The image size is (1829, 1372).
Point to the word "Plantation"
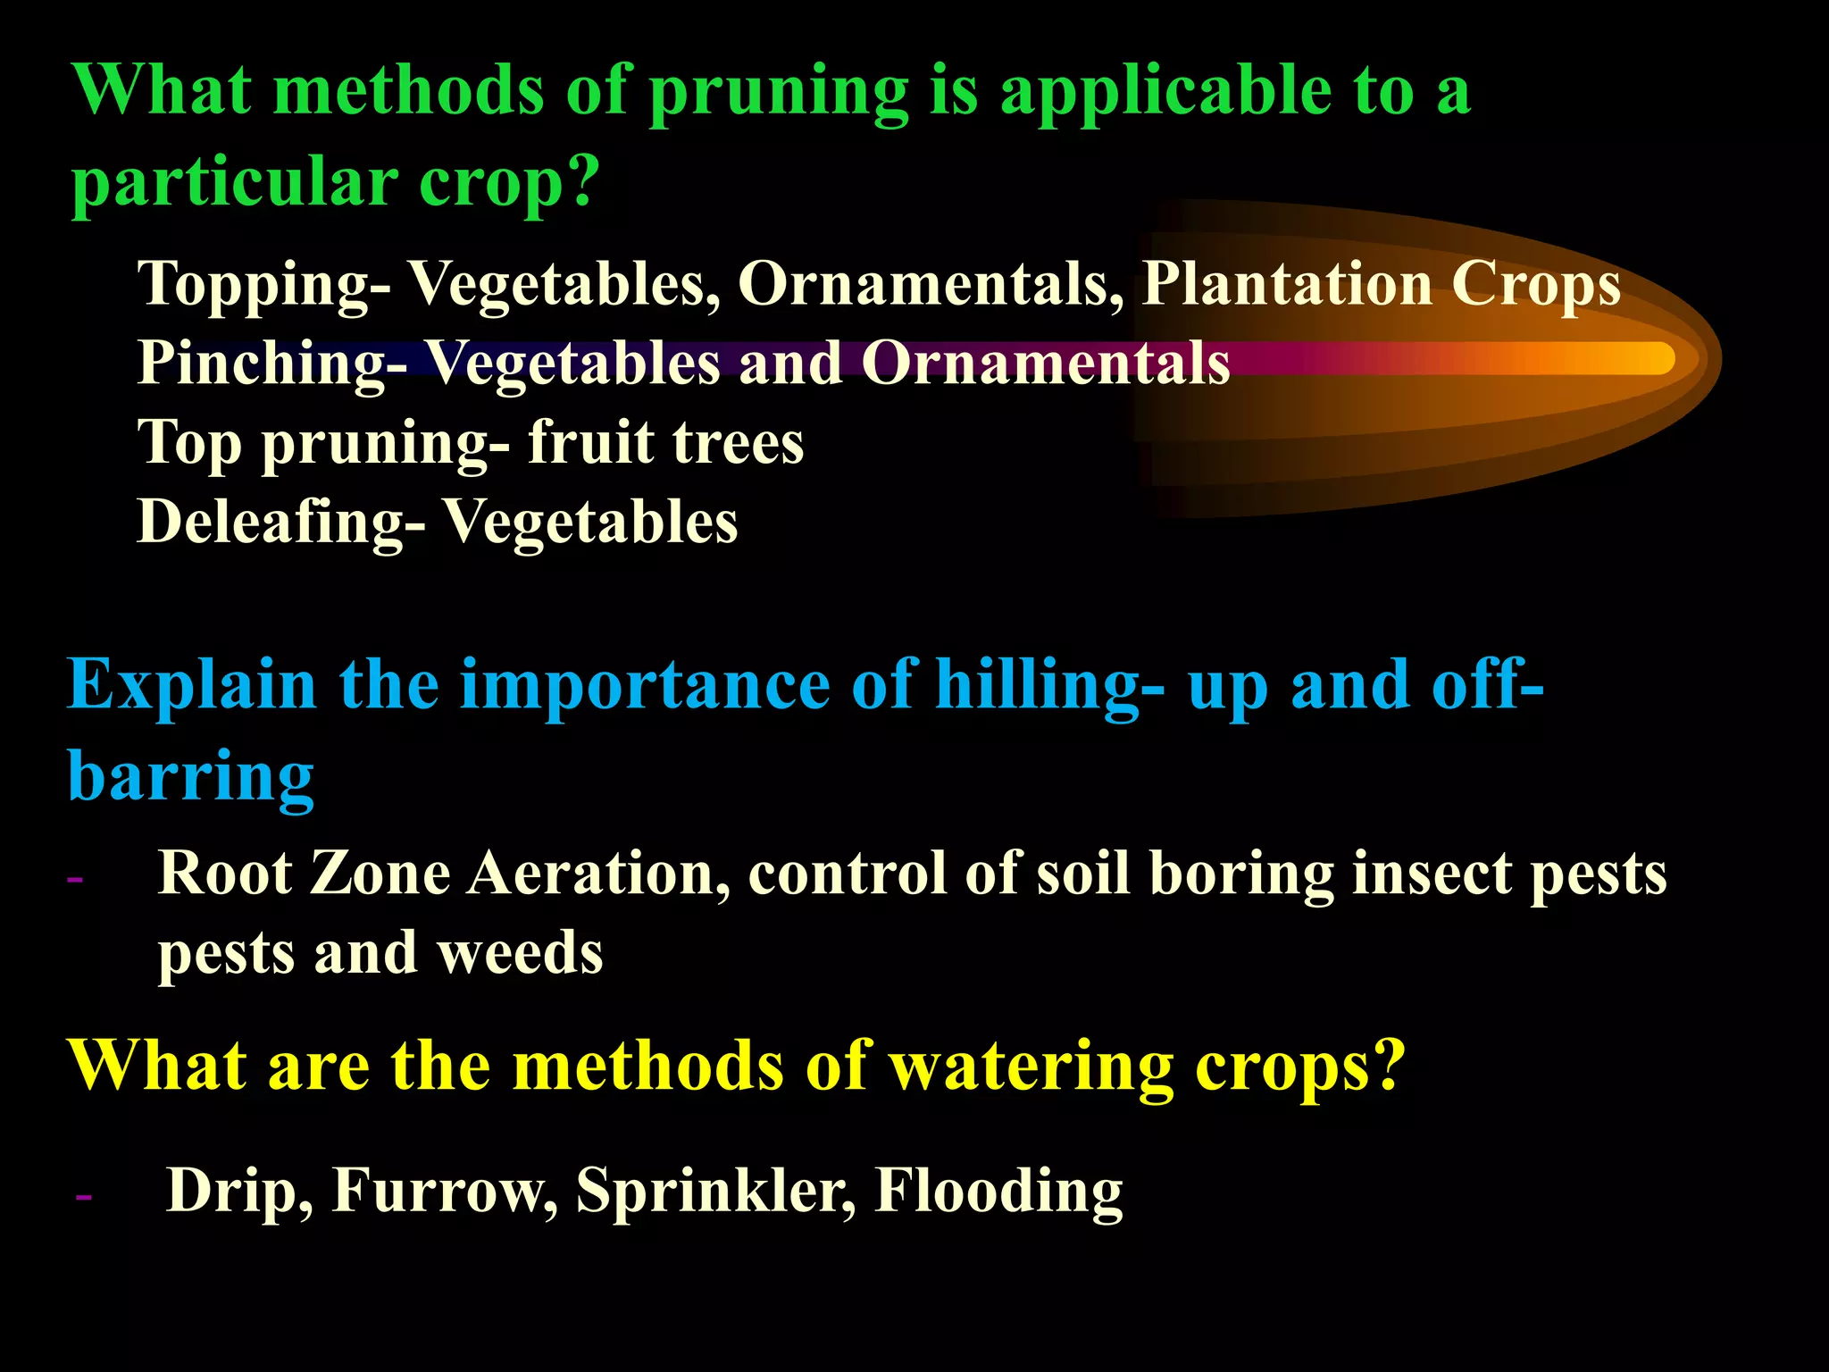click(1286, 284)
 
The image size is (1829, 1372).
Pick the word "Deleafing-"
click(280, 522)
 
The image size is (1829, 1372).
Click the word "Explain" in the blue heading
click(192, 686)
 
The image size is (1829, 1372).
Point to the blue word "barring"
click(191, 777)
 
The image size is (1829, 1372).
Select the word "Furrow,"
click(445, 1191)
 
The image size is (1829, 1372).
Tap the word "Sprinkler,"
click(715, 1191)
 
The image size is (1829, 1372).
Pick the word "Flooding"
click(998, 1191)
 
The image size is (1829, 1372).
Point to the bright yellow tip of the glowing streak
click(1652, 358)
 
